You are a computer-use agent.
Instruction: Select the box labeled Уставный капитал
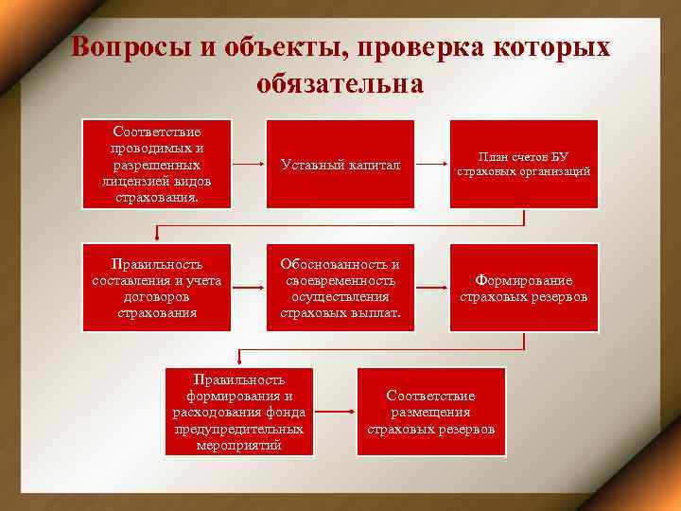click(x=340, y=165)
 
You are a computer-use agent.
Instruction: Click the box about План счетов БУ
click(x=523, y=165)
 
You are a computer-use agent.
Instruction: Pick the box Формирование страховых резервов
click(x=523, y=288)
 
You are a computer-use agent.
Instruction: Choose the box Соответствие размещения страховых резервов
click(x=430, y=412)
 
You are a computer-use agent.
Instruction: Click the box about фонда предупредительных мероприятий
click(x=239, y=412)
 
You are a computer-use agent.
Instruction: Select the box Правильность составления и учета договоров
click(x=156, y=288)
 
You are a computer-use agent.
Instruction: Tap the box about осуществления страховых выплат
click(x=340, y=288)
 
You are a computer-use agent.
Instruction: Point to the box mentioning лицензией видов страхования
click(x=156, y=165)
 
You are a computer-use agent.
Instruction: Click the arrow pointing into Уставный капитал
click(x=249, y=165)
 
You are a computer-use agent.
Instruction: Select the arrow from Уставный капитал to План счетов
click(x=431, y=165)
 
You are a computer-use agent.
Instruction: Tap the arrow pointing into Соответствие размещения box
click(x=335, y=412)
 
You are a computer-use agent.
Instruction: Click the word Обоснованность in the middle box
click(x=340, y=264)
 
